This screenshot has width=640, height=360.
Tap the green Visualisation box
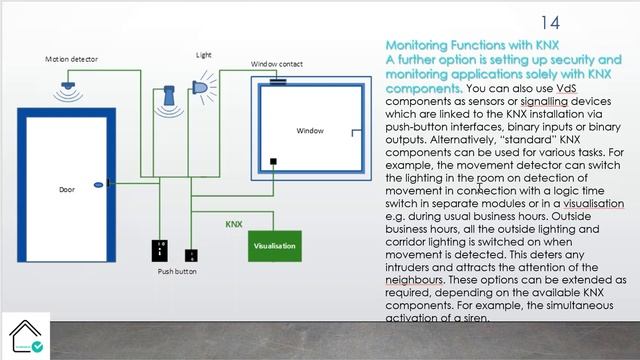point(274,245)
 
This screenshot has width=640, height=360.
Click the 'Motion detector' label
point(71,60)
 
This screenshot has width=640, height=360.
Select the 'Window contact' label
point(278,65)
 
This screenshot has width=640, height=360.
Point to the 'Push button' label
point(177,271)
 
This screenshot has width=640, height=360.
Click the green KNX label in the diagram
point(234,225)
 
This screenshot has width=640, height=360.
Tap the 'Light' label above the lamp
point(203,54)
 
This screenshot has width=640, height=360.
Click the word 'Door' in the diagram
point(66,188)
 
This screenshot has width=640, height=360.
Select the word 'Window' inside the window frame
point(310,131)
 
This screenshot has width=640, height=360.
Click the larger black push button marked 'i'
point(160,251)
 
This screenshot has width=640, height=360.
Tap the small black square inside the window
point(274,161)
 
